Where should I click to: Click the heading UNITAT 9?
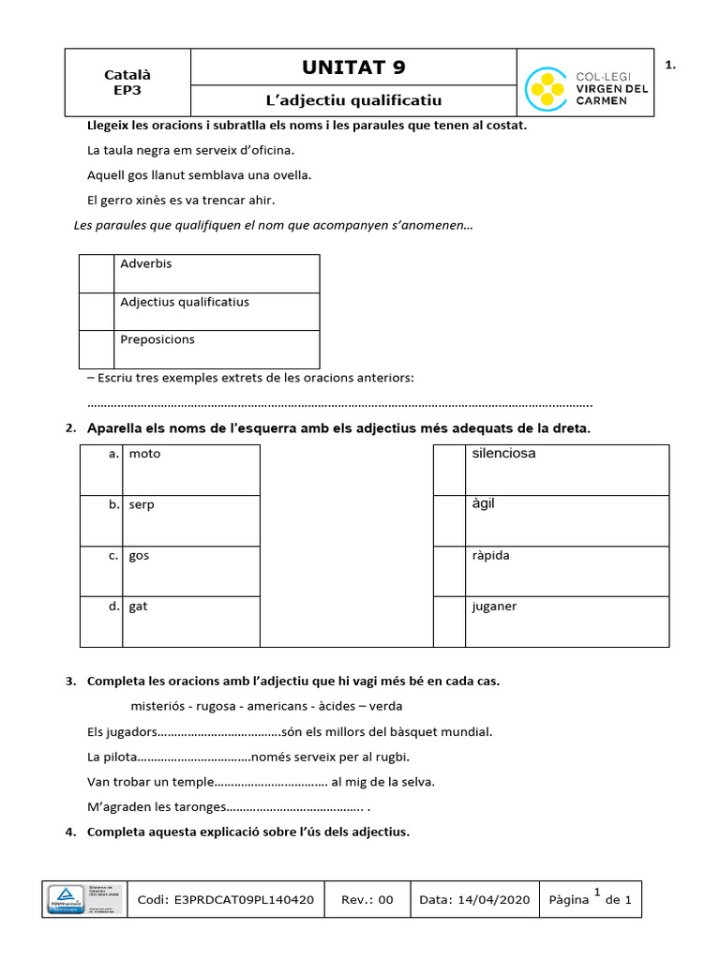[x=353, y=67]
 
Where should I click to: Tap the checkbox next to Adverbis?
[x=97, y=273]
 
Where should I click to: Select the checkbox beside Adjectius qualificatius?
[x=97, y=311]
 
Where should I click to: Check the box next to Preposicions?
[x=97, y=349]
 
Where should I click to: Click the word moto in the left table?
[x=144, y=454]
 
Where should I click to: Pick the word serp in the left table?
[x=142, y=504]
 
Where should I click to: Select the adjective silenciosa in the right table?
[x=503, y=454]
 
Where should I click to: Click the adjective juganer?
[x=494, y=607]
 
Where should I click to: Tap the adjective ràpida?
[x=491, y=555]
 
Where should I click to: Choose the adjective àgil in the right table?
[x=483, y=504]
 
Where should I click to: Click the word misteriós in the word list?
[x=157, y=706]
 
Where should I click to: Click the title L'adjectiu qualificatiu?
[x=353, y=100]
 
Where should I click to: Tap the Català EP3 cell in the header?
[x=127, y=82]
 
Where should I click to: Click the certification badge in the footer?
[x=83, y=899]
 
